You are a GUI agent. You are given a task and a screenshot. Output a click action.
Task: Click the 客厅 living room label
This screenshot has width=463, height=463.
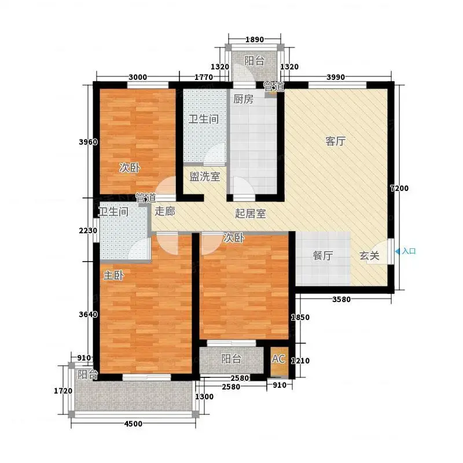336,141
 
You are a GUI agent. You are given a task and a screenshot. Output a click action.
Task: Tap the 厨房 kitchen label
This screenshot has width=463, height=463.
243,99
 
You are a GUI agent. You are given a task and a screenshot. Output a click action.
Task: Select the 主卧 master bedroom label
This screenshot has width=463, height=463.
113,275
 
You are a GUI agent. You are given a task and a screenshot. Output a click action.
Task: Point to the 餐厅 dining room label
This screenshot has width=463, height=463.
323,255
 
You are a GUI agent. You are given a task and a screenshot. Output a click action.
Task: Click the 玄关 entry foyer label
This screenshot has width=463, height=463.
369,255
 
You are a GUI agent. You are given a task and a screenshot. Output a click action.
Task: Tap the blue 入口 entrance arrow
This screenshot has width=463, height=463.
398,251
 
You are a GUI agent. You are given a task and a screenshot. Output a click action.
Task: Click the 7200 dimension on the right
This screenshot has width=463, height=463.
399,188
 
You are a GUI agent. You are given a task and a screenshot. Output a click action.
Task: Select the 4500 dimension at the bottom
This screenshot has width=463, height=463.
134,424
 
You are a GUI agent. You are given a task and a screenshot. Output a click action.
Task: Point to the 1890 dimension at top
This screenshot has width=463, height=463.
255,39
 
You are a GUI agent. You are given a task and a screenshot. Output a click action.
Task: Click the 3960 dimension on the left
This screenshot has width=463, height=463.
88,142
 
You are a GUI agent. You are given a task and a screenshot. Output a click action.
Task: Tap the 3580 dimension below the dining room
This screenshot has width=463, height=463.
341,299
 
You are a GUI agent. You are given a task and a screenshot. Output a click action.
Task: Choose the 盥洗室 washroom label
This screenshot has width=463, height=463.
205,177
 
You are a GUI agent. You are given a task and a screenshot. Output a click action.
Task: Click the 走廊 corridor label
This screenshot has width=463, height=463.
165,211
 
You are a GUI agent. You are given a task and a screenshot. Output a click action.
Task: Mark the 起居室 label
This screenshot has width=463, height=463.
251,214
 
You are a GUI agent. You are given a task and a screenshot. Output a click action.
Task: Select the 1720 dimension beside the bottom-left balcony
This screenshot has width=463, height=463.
63,391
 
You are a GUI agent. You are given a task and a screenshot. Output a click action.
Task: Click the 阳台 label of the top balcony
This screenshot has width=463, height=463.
254,61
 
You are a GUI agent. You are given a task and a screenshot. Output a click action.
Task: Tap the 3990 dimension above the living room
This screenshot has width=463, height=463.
336,77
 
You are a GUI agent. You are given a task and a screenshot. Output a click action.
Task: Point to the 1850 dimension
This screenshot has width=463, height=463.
300,317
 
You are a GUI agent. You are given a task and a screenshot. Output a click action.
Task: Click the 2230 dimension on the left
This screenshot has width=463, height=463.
88,230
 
